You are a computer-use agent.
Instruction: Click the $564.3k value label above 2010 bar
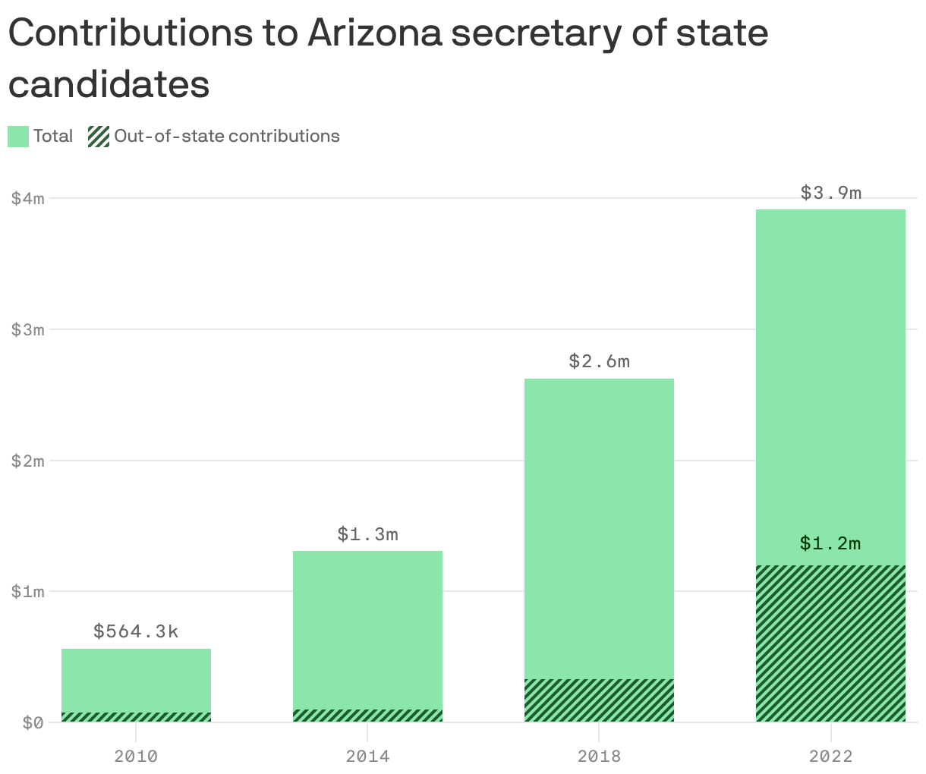tap(136, 631)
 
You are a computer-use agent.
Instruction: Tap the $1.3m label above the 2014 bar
tap(368, 534)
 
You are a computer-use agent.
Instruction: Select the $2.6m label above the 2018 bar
tap(599, 361)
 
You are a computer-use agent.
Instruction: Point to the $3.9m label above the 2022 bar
tap(831, 193)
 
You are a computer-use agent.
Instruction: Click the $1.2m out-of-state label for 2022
tap(830, 543)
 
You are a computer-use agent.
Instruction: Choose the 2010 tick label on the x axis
tap(136, 756)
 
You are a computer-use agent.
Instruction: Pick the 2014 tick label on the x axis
tap(368, 756)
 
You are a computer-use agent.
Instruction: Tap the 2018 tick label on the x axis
tap(599, 756)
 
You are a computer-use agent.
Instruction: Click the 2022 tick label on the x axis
tap(831, 756)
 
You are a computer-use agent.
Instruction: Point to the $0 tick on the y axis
tap(28, 722)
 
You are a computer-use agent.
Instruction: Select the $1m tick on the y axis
tap(28, 591)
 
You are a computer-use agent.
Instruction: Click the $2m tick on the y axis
tap(28, 461)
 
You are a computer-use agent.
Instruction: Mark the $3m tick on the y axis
tap(28, 329)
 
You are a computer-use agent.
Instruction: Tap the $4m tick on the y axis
tap(28, 199)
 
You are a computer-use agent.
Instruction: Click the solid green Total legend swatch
tap(18, 137)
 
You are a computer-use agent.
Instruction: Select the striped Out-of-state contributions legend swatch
tap(99, 137)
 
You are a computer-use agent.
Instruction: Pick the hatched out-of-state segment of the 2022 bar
tap(831, 643)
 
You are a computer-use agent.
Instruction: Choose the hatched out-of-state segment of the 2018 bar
tap(599, 700)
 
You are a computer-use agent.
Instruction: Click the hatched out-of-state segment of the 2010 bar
tap(136, 717)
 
